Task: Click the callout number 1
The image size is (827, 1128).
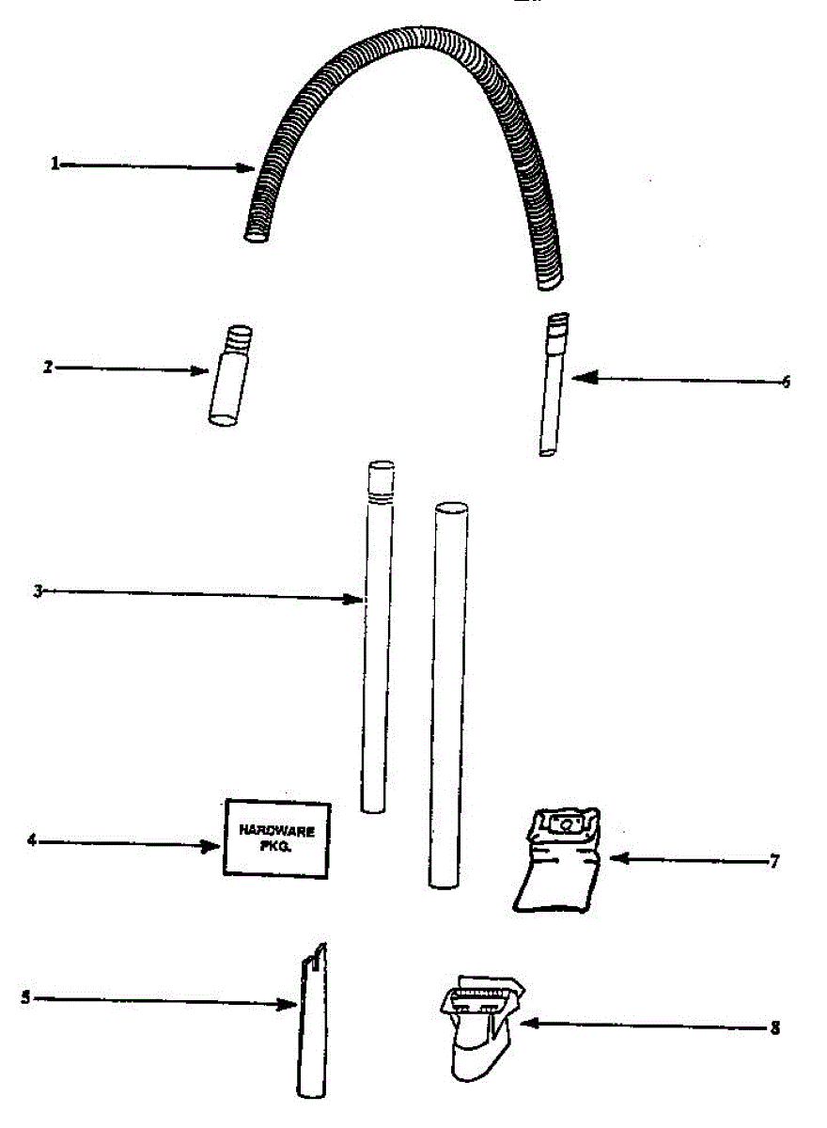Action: point(55,164)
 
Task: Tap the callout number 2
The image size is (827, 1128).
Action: point(47,368)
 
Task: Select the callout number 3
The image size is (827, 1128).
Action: point(39,590)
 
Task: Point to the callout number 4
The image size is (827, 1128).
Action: point(32,840)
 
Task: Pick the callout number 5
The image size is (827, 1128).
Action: point(25,998)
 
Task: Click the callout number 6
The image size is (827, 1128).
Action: point(786,382)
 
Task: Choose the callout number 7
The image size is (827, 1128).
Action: point(773,860)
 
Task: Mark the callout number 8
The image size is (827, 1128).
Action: point(773,1027)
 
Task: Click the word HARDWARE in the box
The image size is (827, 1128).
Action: point(276,830)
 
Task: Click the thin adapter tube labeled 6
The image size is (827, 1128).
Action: point(554,385)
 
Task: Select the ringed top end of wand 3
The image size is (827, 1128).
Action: point(381,481)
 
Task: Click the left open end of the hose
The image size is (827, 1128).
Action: point(256,233)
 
